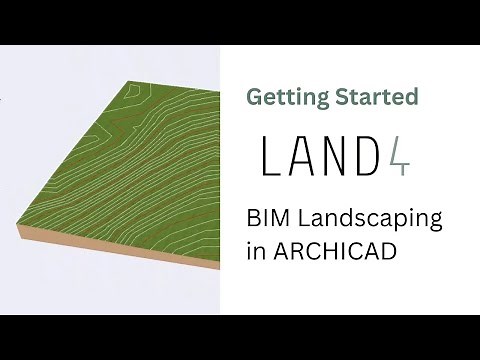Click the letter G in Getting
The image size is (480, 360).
(x=254, y=97)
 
